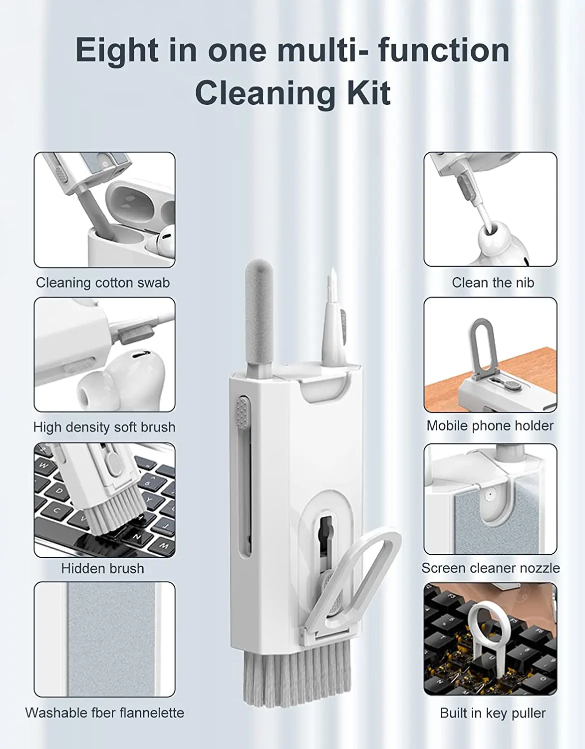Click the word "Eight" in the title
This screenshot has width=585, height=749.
pyautogui.click(x=116, y=50)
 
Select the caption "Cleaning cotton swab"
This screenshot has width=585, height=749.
pyautogui.click(x=103, y=283)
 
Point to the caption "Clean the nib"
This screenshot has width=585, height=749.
pyautogui.click(x=493, y=283)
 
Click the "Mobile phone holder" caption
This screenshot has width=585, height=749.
pyautogui.click(x=490, y=425)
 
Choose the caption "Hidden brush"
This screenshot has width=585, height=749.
pyautogui.click(x=102, y=568)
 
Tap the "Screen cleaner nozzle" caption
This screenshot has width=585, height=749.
pyautogui.click(x=490, y=568)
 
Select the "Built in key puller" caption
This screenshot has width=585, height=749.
pyautogui.click(x=492, y=713)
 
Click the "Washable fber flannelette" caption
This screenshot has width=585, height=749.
pyautogui.click(x=104, y=713)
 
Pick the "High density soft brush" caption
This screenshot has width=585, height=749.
pyautogui.click(x=104, y=427)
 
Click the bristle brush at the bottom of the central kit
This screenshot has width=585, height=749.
pyautogui.click(x=294, y=674)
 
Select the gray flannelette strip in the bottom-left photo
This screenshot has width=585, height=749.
pyautogui.click(x=111, y=639)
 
